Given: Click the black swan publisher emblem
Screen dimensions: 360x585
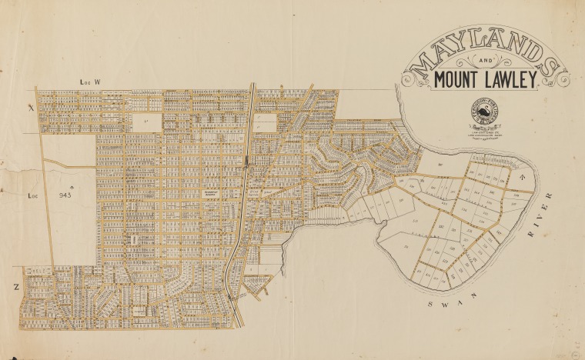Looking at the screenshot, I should click(483, 114).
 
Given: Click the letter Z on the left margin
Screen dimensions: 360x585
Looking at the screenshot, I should click(15, 285).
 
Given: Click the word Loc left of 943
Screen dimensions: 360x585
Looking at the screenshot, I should click(33, 195).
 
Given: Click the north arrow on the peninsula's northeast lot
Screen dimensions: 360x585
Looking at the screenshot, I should click(521, 178).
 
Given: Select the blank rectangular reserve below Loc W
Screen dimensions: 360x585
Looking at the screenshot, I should click(146, 122).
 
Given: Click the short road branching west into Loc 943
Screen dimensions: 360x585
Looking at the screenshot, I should click(69, 164).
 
